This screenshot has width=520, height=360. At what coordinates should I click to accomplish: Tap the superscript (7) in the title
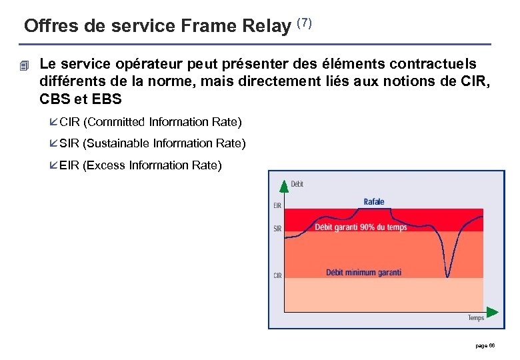(304, 23)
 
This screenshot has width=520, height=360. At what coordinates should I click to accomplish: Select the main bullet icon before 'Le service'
(25, 65)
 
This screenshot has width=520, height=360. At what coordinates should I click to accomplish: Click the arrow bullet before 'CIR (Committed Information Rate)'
(53, 122)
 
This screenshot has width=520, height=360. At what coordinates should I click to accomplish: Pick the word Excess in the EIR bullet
(105, 165)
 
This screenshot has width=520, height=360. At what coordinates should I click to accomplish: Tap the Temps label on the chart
(475, 318)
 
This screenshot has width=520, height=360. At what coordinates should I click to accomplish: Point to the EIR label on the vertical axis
(277, 206)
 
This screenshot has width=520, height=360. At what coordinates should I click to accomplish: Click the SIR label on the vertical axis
(277, 229)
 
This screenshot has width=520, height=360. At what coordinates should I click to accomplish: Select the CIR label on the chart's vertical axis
(277, 275)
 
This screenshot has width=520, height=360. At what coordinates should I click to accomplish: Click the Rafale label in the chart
(373, 202)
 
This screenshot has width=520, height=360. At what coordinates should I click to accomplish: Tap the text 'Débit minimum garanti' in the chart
(363, 272)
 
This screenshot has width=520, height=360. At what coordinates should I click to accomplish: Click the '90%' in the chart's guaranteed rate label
(368, 227)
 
